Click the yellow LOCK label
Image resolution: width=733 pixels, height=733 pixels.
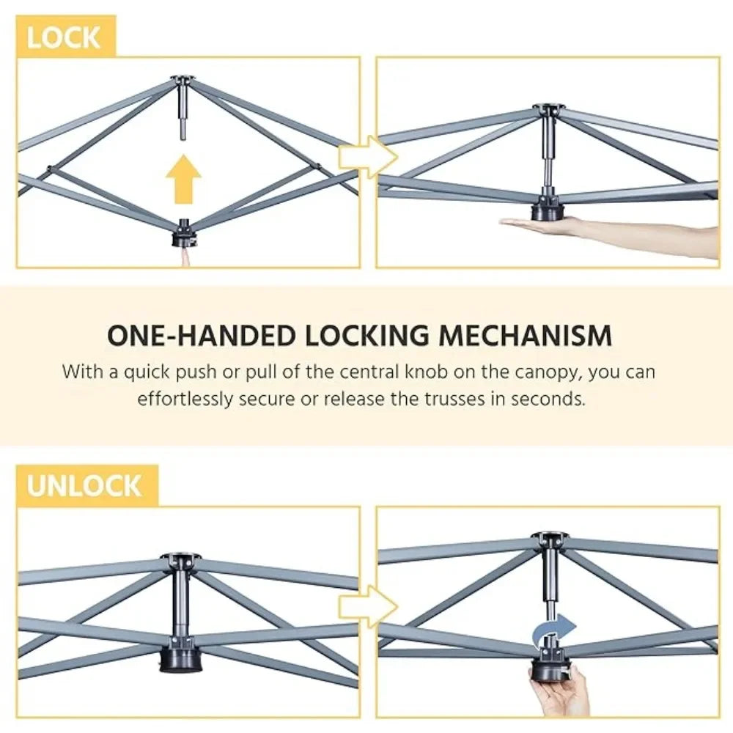click(x=65, y=37)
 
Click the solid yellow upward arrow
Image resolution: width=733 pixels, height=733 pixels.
click(x=184, y=179)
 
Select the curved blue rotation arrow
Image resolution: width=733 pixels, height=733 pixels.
click(x=553, y=630)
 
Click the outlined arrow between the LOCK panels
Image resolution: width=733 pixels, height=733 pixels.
click(x=368, y=157)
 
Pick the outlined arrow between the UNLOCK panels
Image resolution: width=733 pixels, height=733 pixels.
click(x=368, y=607)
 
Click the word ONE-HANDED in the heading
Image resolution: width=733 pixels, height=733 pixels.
click(x=203, y=335)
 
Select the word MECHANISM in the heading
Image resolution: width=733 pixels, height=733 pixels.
click(x=525, y=335)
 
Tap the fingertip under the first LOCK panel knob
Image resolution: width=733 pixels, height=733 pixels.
click(x=186, y=257)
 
